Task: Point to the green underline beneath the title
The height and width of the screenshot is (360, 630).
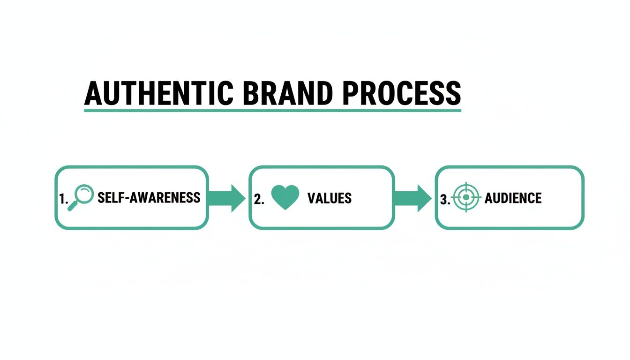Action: click(272, 111)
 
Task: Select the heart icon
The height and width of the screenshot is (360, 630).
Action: click(285, 197)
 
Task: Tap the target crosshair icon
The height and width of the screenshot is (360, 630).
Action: click(466, 197)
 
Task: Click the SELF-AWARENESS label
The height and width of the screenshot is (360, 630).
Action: click(149, 198)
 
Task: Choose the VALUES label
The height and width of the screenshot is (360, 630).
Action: click(329, 198)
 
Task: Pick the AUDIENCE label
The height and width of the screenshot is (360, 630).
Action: click(513, 198)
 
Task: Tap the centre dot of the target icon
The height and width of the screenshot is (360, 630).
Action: click(466, 197)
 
